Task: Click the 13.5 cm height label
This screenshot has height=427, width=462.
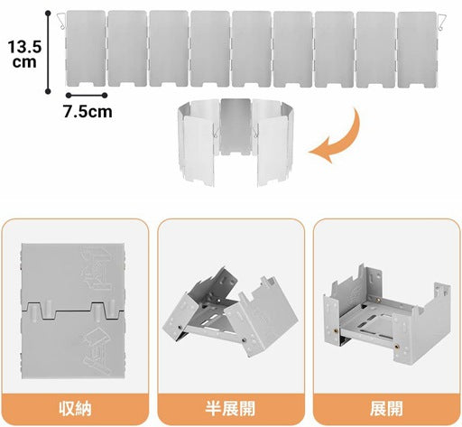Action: (x=24, y=54)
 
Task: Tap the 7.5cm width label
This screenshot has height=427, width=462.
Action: (x=88, y=111)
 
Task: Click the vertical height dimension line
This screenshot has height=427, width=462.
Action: (x=48, y=52)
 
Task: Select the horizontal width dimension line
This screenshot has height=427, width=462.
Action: (x=87, y=96)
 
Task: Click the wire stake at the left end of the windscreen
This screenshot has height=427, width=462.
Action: (x=61, y=21)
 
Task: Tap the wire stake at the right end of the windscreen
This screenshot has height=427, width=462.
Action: (x=441, y=22)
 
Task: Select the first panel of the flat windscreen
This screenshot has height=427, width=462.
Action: (x=86, y=49)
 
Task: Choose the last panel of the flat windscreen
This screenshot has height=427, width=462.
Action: (x=417, y=50)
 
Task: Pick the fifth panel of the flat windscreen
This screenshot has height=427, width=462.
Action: (x=252, y=49)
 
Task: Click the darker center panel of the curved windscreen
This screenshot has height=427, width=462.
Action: (x=236, y=126)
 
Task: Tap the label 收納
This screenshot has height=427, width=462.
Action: (x=75, y=408)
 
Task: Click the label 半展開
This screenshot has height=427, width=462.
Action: (x=230, y=408)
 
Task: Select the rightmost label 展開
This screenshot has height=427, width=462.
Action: (x=386, y=408)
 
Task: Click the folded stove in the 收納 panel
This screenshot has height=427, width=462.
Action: (x=73, y=311)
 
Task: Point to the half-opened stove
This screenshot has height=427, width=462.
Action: (x=230, y=313)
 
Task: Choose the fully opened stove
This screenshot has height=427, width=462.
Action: (x=387, y=314)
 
